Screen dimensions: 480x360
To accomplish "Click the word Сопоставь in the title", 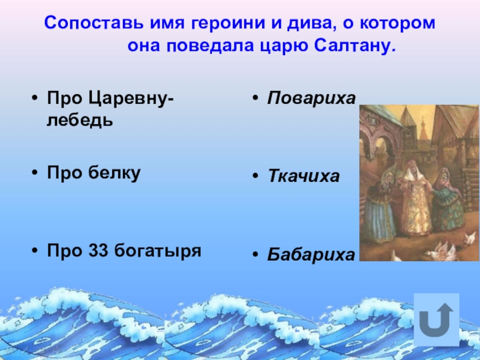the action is pos(94,23).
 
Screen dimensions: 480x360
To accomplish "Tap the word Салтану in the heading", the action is pos(355,46).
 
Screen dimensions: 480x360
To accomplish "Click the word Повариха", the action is pos(311,98).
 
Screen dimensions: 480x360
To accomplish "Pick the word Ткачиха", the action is pos(304,176).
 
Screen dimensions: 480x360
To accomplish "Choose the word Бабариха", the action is pos(311,254).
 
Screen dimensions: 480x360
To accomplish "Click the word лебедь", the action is pos(80,119).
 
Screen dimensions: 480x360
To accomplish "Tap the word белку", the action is pos(115,173).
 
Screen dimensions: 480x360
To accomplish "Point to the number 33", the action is pos(98,250).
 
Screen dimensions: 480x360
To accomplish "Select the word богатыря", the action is pos(158,251).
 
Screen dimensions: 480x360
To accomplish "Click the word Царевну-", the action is pos(131,98).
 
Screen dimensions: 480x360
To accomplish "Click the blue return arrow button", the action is pos(437,320).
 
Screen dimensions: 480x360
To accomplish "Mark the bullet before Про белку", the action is pos(35,173).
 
